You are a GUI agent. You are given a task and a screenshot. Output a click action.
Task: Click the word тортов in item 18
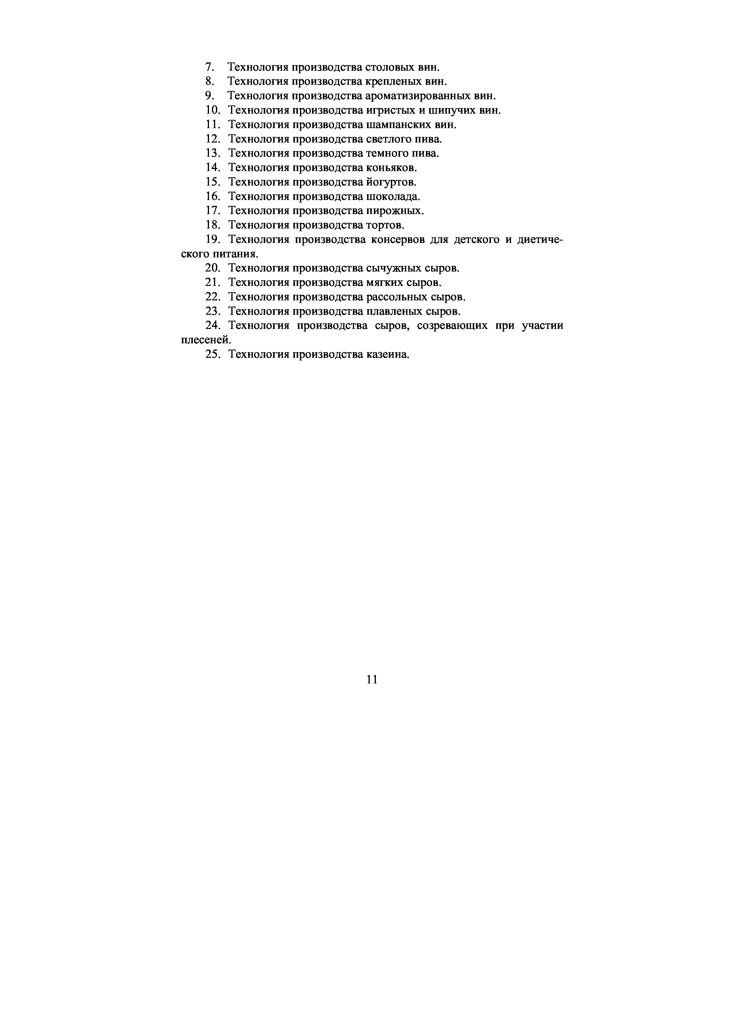(385, 225)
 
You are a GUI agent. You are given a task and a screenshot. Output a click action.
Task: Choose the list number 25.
(212, 355)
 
